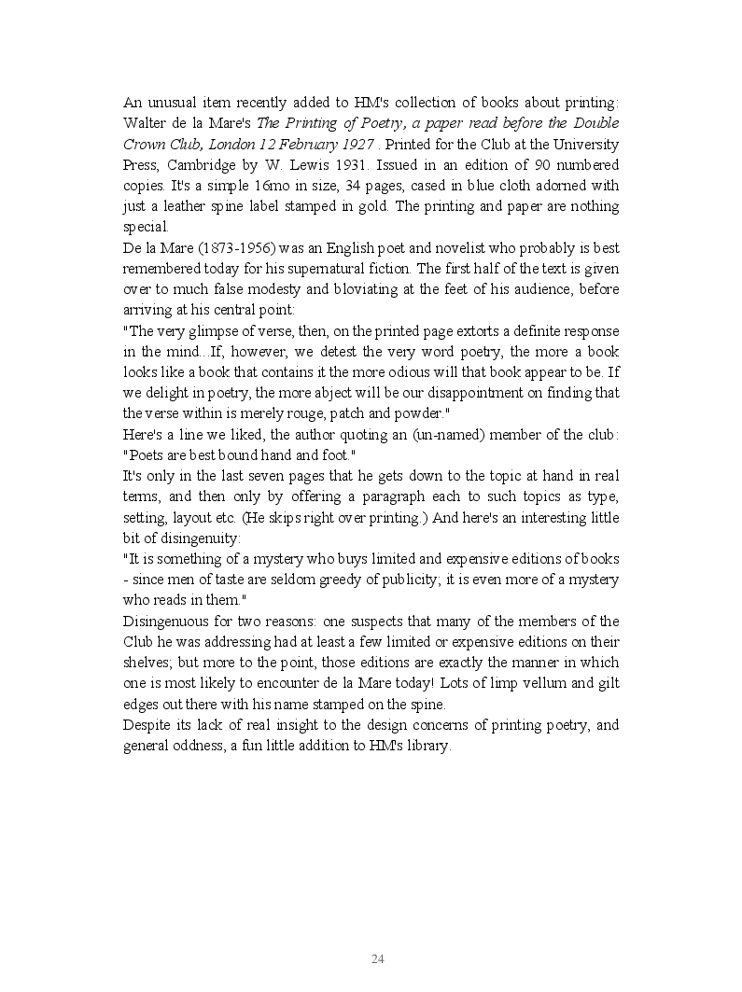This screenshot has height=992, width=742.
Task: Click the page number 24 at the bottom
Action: pyautogui.click(x=378, y=958)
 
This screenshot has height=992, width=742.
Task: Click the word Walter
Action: pyautogui.click(x=145, y=123)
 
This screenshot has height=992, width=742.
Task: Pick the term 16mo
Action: pyautogui.click(x=269, y=185)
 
